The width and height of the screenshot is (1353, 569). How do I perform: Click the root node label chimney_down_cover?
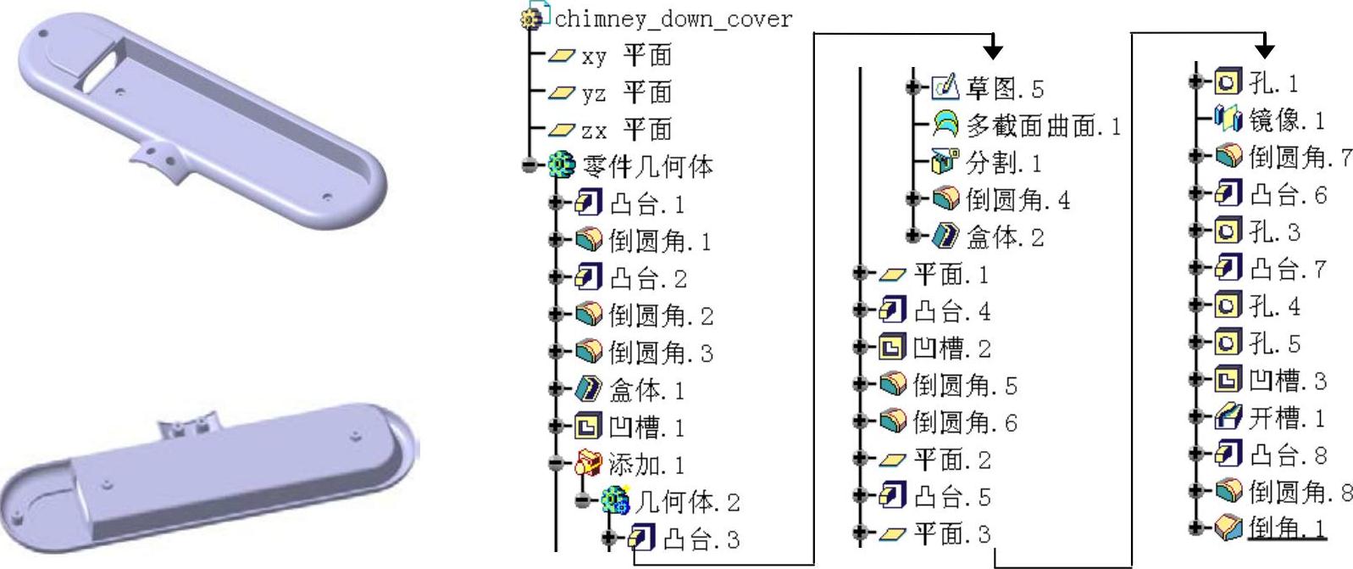point(674,19)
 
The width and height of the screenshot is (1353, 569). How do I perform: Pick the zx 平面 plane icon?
point(561,130)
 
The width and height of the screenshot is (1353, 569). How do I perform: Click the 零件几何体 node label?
point(648,166)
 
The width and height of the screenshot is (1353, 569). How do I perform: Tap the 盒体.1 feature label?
point(646,390)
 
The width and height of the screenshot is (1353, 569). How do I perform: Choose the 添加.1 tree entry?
point(646,465)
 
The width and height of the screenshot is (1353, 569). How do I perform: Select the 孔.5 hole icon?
point(1228,343)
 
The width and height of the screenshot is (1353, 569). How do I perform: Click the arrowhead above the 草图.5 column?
point(993,50)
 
